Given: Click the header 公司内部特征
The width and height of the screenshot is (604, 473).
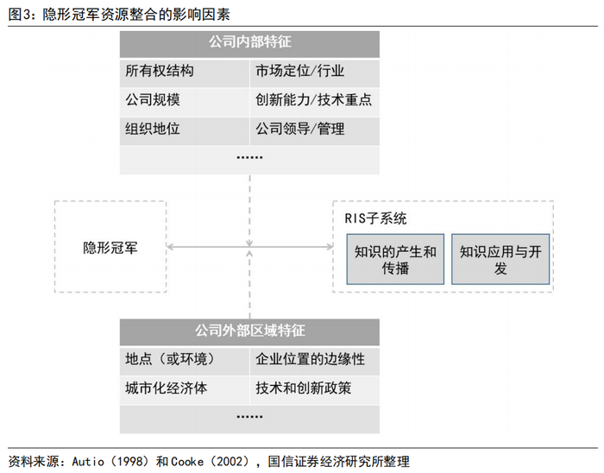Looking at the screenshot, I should point(249,42).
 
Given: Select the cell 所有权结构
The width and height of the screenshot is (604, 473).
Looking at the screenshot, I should point(160,71).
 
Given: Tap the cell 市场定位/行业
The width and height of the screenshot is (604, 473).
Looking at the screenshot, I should point(299,71).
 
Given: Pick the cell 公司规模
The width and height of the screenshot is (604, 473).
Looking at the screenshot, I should point(153,100).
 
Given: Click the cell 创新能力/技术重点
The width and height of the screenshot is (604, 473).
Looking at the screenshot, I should point(313,100).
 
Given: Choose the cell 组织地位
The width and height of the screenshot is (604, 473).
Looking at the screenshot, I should point(153,129).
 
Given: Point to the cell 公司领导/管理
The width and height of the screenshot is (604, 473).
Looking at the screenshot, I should point(299,129).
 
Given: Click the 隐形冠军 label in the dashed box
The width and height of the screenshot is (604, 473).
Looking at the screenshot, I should point(110,248).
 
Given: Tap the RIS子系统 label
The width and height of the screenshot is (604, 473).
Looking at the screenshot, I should point(374,218).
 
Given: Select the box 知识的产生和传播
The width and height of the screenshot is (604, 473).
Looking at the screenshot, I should point(395,259).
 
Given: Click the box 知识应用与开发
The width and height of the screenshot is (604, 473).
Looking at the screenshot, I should point(500,259).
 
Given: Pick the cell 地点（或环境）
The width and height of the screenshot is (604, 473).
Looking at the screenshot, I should point(169,359).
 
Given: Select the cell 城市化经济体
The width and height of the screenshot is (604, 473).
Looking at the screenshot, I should point(167,388).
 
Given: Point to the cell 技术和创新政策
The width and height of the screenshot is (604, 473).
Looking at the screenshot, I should point(303,388).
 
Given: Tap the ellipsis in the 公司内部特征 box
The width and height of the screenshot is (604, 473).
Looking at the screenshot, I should point(249,158).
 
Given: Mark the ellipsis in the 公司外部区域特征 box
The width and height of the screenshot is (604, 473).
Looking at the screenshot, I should point(249,416).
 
